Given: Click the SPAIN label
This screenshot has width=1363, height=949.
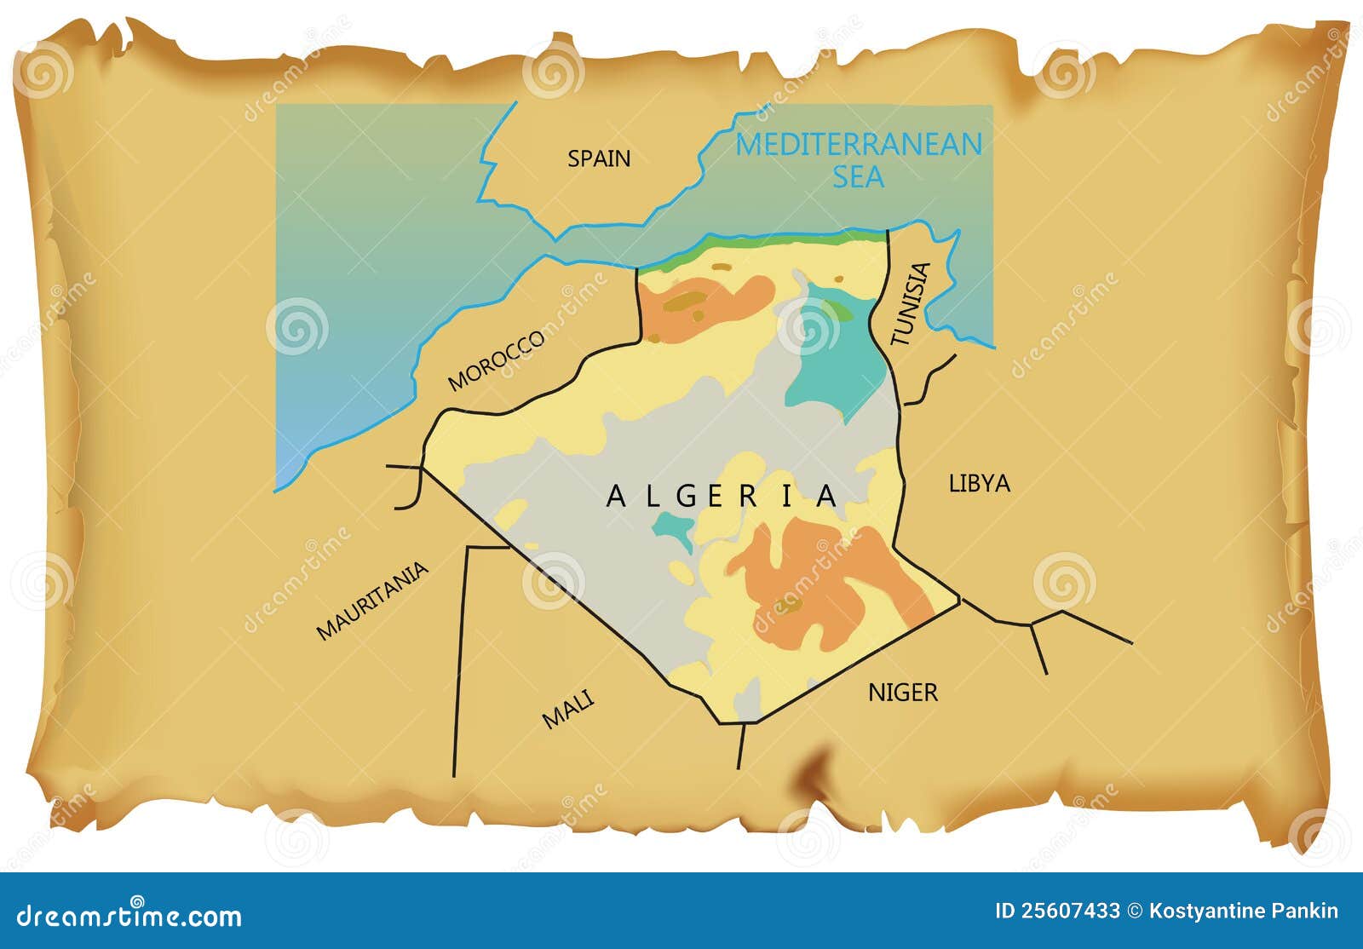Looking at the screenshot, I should pyautogui.click(x=599, y=158).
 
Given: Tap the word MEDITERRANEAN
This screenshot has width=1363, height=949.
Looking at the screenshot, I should pyautogui.click(x=858, y=145).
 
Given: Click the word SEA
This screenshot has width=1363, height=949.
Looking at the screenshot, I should pyautogui.click(x=858, y=177).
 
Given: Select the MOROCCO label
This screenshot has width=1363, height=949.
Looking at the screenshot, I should pyautogui.click(x=497, y=360).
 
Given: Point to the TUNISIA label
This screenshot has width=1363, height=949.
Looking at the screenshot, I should pyautogui.click(x=911, y=304).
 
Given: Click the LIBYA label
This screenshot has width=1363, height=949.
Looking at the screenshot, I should pyautogui.click(x=979, y=484).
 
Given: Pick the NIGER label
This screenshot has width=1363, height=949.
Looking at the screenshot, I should pyautogui.click(x=902, y=693).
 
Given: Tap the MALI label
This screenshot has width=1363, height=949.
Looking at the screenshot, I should pyautogui.click(x=568, y=709).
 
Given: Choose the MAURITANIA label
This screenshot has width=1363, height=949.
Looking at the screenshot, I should pyautogui.click(x=372, y=601).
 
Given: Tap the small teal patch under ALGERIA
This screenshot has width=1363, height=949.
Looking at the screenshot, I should pyautogui.click(x=673, y=526).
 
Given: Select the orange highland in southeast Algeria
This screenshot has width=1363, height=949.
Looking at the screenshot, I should pyautogui.click(x=818, y=579).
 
